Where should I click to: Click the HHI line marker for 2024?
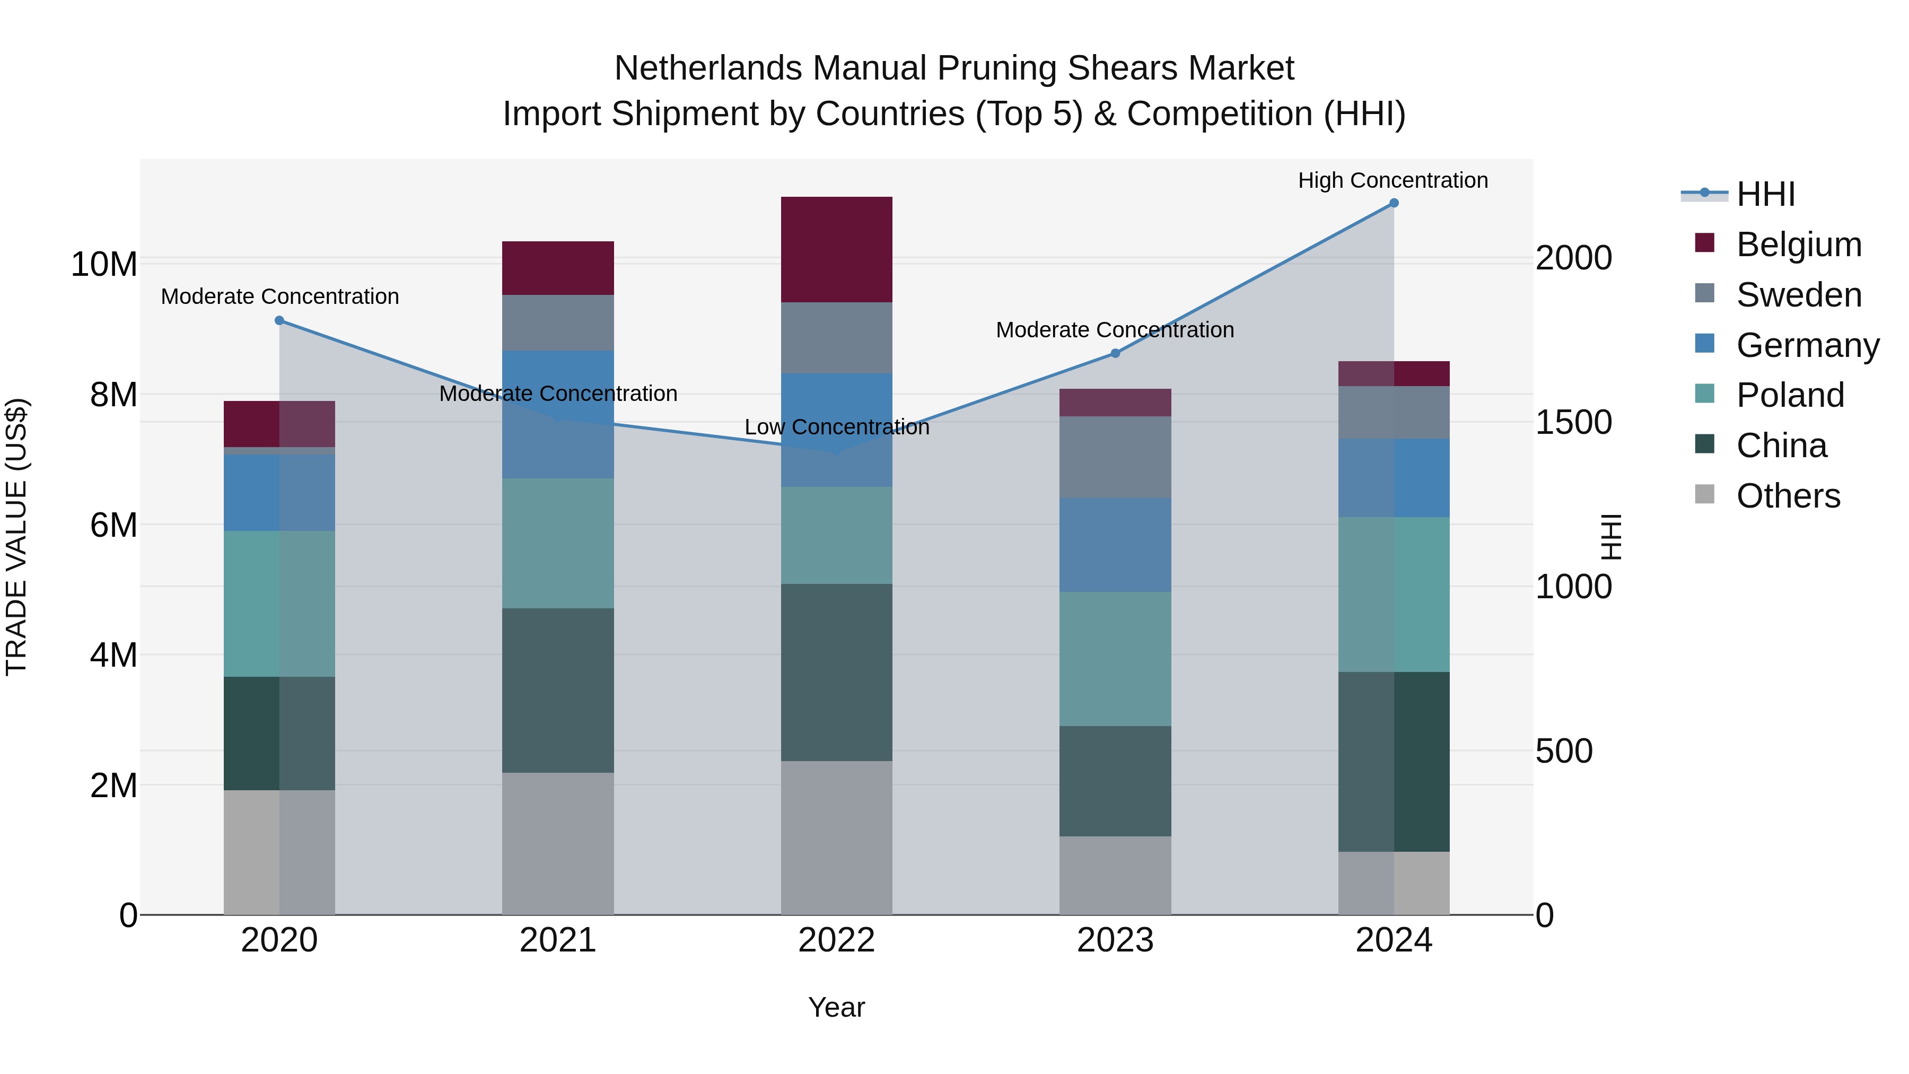1393,203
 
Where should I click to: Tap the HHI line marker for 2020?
279,320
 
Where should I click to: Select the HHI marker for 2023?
1115,354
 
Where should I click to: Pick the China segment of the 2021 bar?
557,690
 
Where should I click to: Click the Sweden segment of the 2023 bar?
1115,457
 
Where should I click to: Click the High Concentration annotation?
1393,180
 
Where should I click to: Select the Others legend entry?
1788,496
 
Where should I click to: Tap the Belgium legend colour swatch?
1704,243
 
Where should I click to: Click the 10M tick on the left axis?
104,264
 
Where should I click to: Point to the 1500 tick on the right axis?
1573,423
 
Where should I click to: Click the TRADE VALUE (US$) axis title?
16,537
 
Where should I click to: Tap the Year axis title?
836,1007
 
